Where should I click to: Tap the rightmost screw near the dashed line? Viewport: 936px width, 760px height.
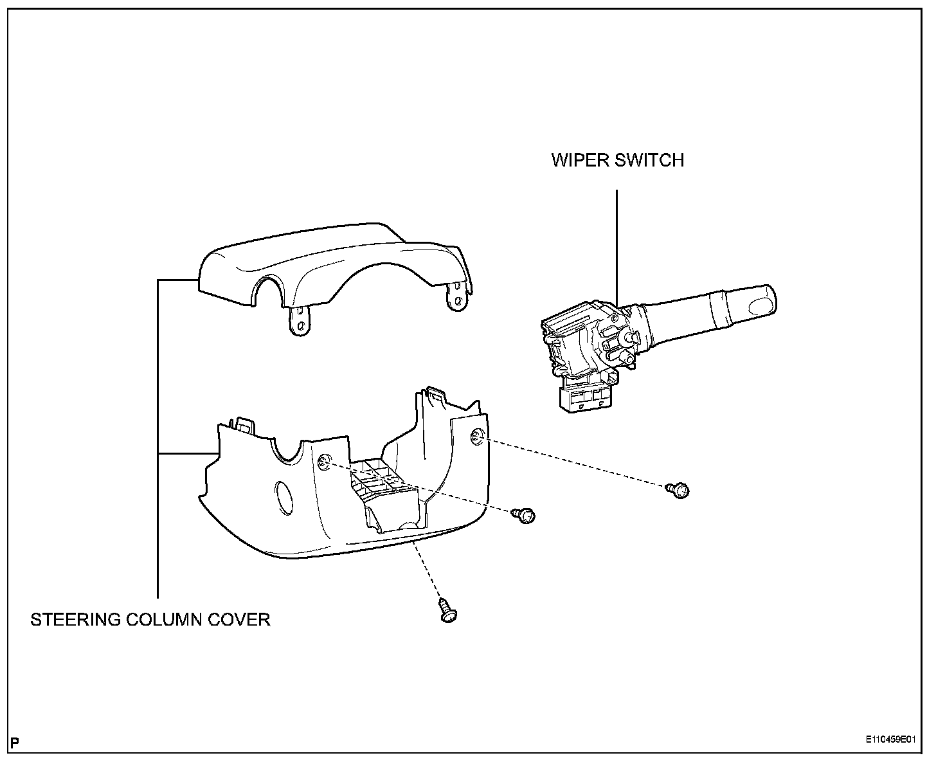point(679,491)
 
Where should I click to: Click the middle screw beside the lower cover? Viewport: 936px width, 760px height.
point(525,515)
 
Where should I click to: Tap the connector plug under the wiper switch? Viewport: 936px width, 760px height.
point(585,399)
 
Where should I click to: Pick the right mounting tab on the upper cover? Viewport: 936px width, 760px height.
point(457,298)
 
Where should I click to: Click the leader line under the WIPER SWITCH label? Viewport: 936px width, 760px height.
point(617,244)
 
